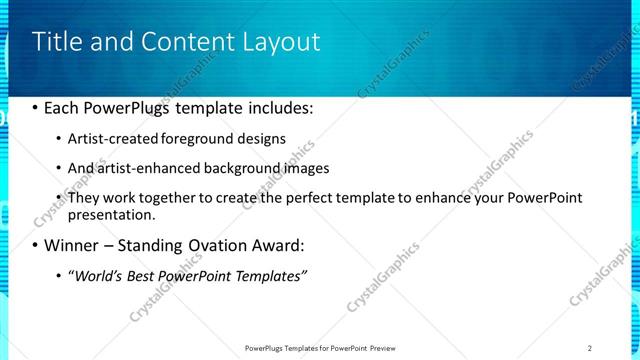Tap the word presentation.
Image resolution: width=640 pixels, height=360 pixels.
pos(110,215)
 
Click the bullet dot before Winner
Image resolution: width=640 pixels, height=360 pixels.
pos(36,245)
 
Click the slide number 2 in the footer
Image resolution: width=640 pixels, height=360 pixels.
pos(590,347)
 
